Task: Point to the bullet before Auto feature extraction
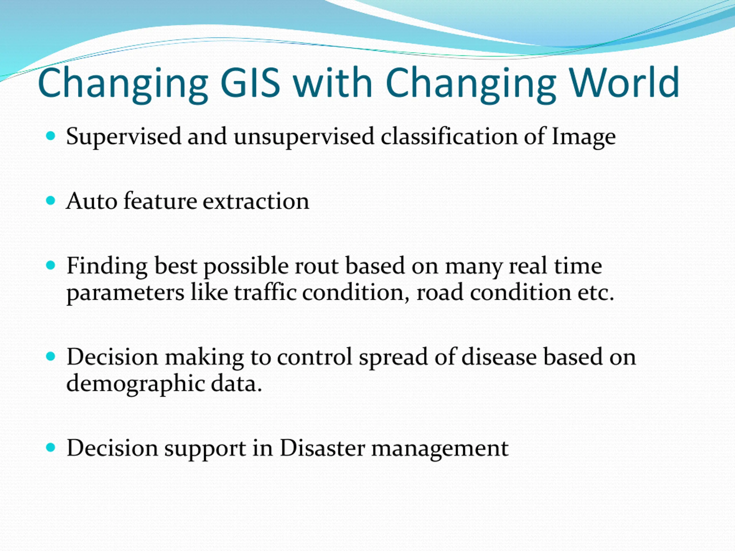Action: (x=51, y=201)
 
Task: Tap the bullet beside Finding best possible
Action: (x=51, y=265)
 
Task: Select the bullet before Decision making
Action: (x=51, y=356)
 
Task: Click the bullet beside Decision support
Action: (x=51, y=447)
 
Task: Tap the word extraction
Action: (x=256, y=201)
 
